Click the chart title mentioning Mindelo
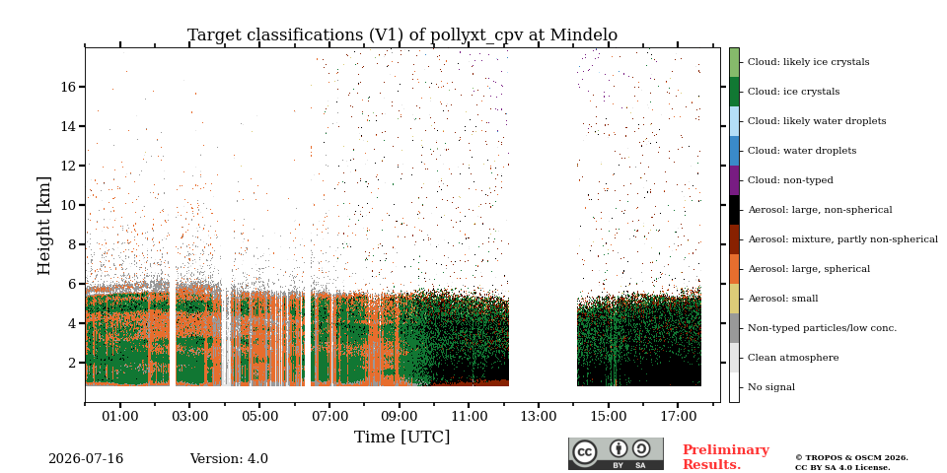[x=402, y=35]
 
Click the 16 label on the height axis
[x=68, y=87]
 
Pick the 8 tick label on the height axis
[x=72, y=244]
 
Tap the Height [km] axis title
[x=44, y=227]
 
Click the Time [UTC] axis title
[x=402, y=437]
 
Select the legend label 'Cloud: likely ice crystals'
[x=809, y=61]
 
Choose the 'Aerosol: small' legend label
[x=782, y=298]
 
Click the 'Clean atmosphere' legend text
[x=793, y=357]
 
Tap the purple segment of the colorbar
[x=734, y=179]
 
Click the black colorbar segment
[x=734, y=209]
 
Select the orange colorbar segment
[x=734, y=268]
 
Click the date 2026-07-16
[x=86, y=459]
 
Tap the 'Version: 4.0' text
[x=229, y=459]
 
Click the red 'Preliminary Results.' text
[x=726, y=456]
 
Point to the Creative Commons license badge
[x=616, y=453]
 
